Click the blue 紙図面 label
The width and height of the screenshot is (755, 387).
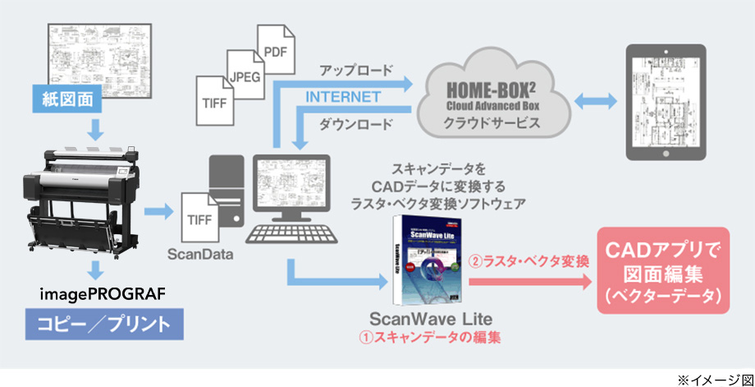pyautogui.click(x=73, y=100)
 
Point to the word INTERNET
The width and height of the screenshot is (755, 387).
pyautogui.click(x=343, y=97)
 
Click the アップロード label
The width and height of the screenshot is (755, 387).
pyautogui.click(x=355, y=71)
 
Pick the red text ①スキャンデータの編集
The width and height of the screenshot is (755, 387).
pyautogui.click(x=429, y=337)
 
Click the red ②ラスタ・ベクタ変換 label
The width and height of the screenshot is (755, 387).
pyautogui.click(x=529, y=263)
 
